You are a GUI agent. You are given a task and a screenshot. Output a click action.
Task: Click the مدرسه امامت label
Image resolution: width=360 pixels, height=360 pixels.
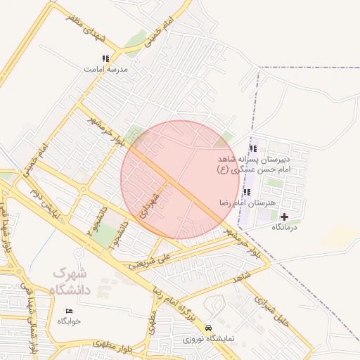104,70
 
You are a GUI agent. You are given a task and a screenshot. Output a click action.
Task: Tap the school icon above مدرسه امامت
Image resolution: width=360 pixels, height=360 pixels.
105,58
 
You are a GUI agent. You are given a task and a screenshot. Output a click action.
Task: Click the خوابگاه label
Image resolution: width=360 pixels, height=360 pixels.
70,321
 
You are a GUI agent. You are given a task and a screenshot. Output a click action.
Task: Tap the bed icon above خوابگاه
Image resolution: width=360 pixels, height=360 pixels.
69,310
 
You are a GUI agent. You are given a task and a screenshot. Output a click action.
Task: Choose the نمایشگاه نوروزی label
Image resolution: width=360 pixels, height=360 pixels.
207,339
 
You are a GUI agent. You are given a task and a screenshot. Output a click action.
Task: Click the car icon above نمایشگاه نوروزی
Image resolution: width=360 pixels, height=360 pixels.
207,328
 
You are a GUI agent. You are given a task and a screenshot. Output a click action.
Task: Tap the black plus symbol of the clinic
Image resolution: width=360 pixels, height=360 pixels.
284,217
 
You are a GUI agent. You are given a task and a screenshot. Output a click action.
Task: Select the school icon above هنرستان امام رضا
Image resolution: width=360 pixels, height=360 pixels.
246,192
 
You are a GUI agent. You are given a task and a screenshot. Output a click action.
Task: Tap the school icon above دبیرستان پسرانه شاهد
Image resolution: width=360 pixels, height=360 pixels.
253,148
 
